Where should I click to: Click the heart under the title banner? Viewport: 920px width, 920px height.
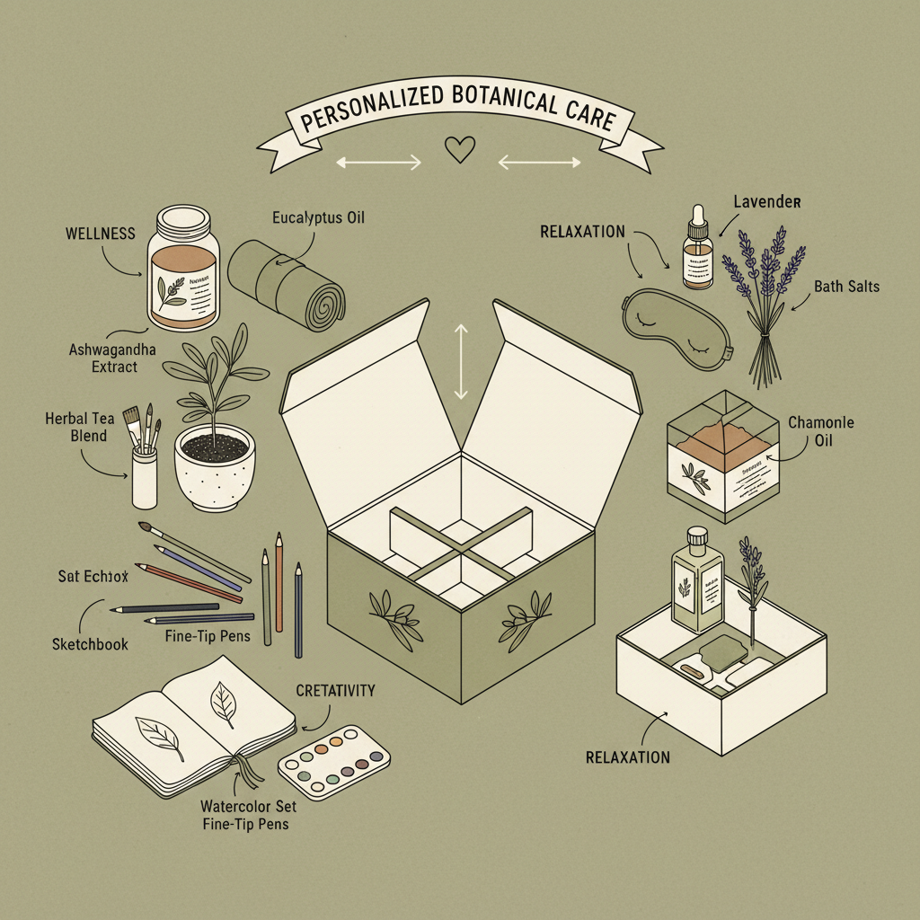[460, 150]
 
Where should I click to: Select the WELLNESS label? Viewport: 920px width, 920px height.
[100, 234]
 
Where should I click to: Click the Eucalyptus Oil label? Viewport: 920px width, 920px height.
[318, 217]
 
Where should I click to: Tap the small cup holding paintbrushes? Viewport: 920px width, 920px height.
[144, 477]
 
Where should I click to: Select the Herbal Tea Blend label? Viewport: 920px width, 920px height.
[76, 428]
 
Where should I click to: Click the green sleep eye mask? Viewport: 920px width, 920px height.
[675, 320]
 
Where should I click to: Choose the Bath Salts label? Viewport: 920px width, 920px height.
[846, 287]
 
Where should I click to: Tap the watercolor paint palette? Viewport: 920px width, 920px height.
[333, 763]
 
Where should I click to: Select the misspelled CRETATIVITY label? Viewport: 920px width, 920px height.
[335, 691]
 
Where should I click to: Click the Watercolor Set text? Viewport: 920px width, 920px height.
[250, 806]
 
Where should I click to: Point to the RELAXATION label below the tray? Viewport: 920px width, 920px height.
[627, 757]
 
